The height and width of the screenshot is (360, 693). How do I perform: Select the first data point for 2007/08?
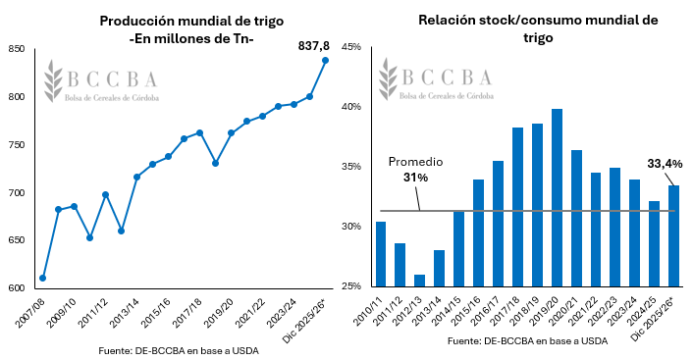[x=42, y=278]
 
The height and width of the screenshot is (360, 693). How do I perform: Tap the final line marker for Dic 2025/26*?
[x=325, y=60]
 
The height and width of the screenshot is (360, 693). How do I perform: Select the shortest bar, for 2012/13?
[x=420, y=281]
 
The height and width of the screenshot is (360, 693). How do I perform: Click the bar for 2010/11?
[x=381, y=254]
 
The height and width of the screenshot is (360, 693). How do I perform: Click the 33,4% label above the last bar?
[x=665, y=164]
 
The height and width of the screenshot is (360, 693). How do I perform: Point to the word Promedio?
[x=416, y=161]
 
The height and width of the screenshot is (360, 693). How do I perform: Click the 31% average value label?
[x=415, y=178]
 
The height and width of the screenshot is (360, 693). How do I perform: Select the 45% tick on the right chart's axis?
[x=352, y=46]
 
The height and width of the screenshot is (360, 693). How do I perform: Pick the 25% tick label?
[x=352, y=286]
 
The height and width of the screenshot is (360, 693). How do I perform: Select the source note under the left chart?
[x=179, y=350]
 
